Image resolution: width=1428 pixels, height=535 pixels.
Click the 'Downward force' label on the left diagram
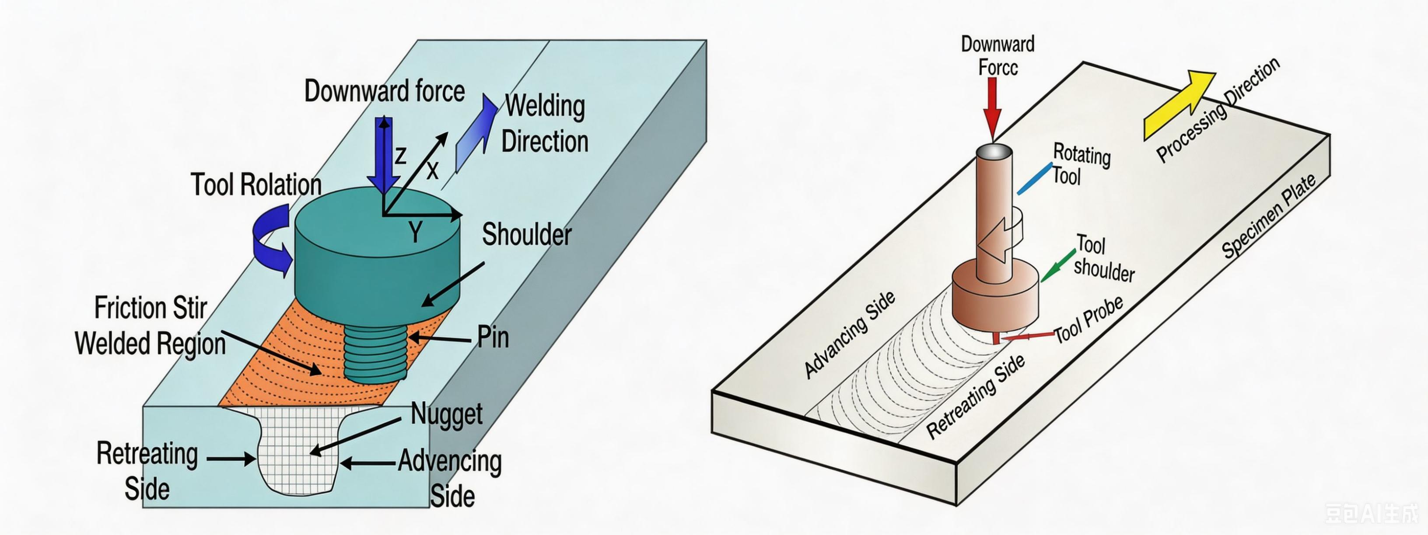tap(384, 91)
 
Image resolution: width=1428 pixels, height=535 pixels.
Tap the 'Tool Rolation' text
tap(256, 184)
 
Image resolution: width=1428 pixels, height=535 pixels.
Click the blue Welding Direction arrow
tap(476, 133)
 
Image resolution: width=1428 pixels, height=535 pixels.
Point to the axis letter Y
tap(415, 232)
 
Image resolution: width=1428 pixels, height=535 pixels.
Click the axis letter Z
tap(400, 156)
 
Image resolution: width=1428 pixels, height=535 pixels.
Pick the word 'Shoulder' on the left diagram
tap(527, 234)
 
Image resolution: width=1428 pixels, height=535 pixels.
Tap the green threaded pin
tap(375, 353)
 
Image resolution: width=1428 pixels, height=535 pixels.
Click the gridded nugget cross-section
tap(299, 448)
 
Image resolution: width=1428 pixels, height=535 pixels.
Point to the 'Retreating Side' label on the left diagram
tap(147, 471)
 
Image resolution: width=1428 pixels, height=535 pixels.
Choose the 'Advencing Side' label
tap(450, 478)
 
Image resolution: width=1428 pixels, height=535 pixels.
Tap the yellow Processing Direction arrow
tap(1179, 105)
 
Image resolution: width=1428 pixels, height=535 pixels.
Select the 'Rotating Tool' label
tap(1081, 164)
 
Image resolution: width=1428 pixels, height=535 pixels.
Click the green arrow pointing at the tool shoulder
tap(1058, 266)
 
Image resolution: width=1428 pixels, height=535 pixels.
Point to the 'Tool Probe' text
tap(1088, 320)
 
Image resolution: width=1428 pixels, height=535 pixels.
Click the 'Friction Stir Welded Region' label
tap(150, 325)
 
